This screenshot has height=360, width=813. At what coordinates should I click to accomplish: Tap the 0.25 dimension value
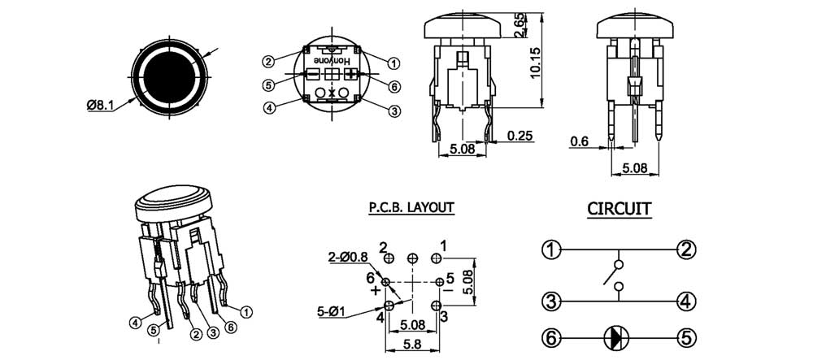tap(520, 136)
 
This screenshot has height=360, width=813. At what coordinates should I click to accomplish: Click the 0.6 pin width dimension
tap(579, 141)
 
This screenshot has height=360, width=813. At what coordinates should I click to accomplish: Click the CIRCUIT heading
tap(620, 210)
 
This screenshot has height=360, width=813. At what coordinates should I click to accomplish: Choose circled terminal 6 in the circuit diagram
tap(552, 336)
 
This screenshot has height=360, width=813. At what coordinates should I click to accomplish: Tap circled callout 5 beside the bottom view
tap(267, 85)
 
